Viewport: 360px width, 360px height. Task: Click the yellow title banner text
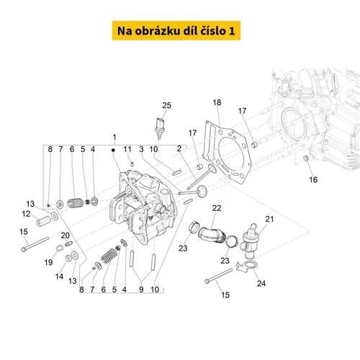176,31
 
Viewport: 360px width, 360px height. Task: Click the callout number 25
166,105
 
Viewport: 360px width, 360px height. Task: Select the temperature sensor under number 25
160,127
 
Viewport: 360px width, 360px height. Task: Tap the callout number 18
217,102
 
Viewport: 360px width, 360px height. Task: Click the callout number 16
313,180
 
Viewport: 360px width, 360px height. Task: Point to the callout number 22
217,208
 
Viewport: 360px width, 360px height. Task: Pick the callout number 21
269,219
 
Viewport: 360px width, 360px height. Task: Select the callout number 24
261,284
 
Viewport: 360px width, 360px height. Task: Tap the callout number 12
26,214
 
